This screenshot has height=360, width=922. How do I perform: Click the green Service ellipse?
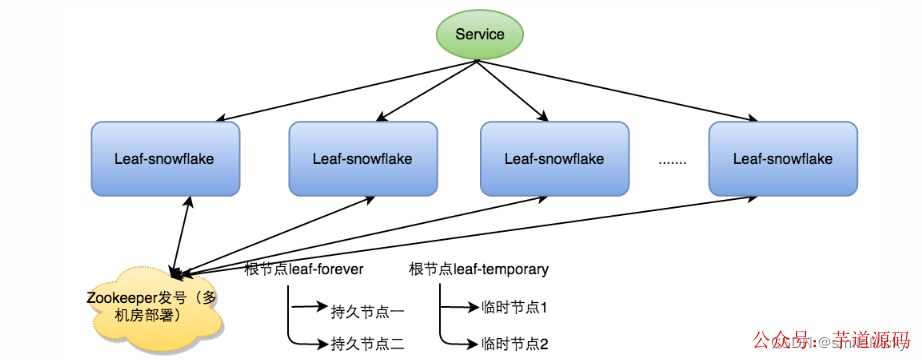tap(479, 35)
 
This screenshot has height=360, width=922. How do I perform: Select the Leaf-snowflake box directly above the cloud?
tap(165, 158)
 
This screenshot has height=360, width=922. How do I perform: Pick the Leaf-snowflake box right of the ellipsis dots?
tap(782, 158)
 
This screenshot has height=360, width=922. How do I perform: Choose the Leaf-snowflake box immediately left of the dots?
tap(553, 158)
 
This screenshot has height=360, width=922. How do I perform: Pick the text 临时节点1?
tap(514, 309)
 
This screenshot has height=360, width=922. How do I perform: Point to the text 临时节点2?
tap(514, 344)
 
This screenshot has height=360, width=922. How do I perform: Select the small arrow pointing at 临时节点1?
tap(462, 309)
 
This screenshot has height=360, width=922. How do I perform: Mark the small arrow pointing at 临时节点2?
tap(462, 344)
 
